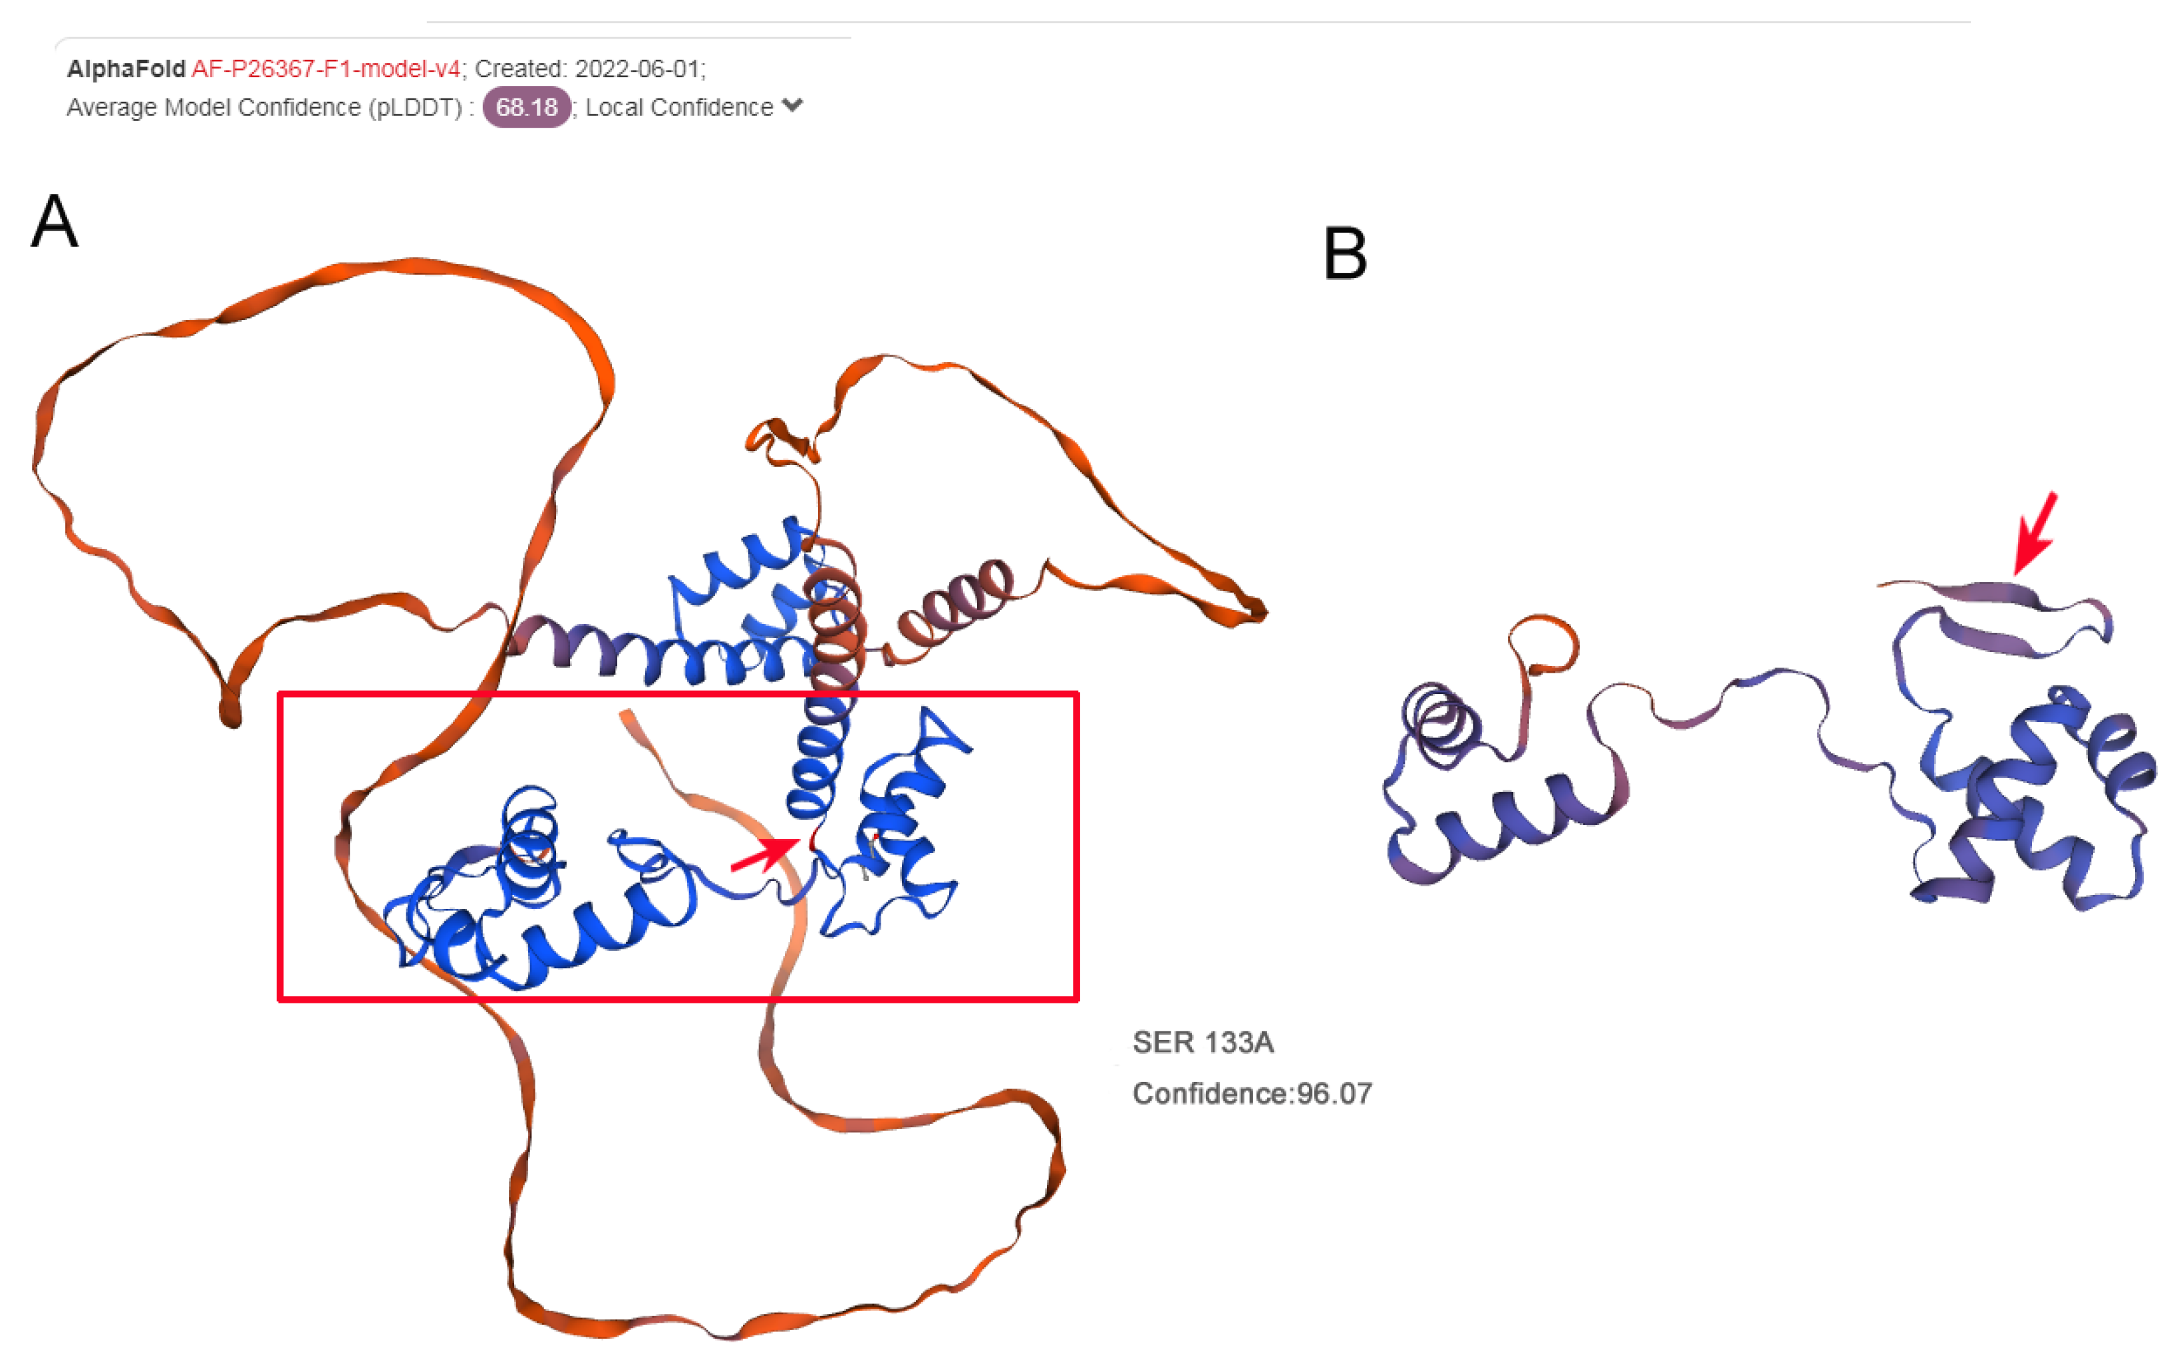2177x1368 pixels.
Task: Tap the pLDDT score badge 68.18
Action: pos(526,106)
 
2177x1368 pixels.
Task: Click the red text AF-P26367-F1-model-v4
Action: pos(325,69)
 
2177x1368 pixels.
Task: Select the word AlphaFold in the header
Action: pos(126,69)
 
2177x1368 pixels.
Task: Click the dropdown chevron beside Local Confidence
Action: pos(792,105)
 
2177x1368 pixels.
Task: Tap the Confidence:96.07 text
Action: pos(1252,1093)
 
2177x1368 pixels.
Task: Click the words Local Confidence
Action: pos(679,106)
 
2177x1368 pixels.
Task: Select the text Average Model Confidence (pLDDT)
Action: pos(265,106)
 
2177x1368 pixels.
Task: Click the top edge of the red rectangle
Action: pos(678,695)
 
